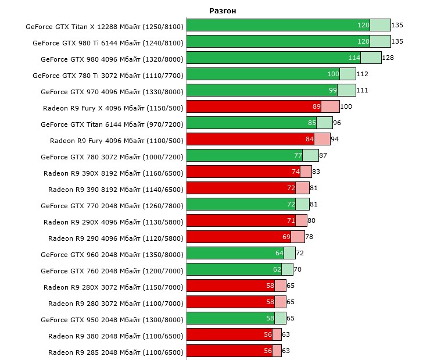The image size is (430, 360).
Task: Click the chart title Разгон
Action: click(223, 11)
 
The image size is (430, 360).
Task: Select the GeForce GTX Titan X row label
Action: click(105, 26)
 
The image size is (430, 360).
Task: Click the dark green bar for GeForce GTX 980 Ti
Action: click(273, 41)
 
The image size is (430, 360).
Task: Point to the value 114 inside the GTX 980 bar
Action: click(354, 58)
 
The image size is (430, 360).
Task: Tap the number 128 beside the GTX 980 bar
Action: click(388, 58)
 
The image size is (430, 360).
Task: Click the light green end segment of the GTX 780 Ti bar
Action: click(348, 74)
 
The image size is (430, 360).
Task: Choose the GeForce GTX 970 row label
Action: click(112, 91)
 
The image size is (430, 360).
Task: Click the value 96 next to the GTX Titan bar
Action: click(337, 123)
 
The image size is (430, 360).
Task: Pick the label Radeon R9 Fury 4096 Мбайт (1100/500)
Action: click(117, 140)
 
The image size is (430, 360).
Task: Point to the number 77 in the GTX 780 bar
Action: click(298, 155)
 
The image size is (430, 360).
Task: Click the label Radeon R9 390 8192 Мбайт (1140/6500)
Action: click(116, 189)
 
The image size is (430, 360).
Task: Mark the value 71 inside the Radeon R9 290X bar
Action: click(291, 220)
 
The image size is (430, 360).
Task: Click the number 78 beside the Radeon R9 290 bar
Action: click(309, 237)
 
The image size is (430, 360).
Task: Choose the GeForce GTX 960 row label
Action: click(112, 254)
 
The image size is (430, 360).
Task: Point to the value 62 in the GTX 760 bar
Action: click(277, 269)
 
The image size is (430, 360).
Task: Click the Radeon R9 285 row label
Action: click(116, 352)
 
